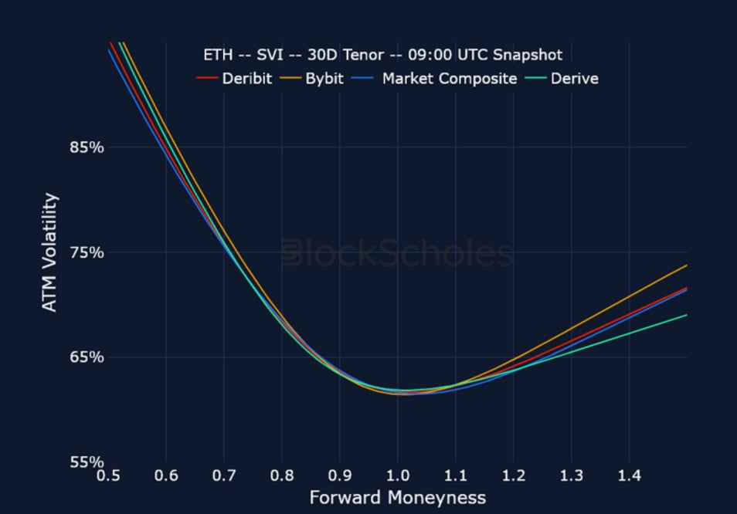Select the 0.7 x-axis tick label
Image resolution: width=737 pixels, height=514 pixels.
point(224,476)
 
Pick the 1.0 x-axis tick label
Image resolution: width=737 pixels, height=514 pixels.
point(397,476)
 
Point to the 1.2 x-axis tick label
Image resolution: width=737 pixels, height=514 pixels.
point(513,476)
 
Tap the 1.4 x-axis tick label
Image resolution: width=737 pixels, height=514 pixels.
point(629,476)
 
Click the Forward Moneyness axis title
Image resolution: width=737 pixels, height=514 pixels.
point(397,498)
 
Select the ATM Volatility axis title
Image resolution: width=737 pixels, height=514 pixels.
point(49,252)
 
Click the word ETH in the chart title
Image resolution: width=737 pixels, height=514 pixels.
point(216,55)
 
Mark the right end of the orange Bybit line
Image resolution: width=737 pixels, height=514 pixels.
point(686,265)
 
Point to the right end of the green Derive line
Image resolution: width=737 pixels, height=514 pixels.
point(686,315)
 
